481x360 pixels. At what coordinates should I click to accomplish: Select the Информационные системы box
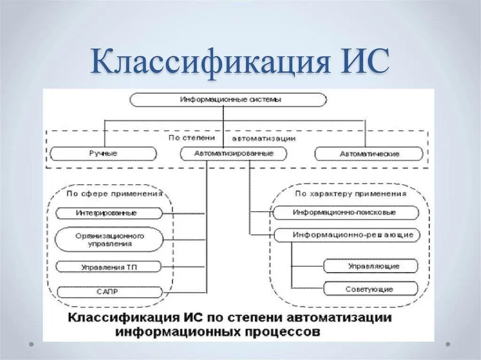click(x=228, y=100)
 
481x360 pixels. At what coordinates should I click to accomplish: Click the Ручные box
click(x=103, y=153)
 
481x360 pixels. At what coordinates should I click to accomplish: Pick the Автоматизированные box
click(x=233, y=153)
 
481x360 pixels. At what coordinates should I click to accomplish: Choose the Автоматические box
click(x=369, y=153)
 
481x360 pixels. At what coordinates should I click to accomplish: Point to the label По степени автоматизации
click(x=232, y=138)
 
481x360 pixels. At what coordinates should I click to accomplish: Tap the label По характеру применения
click(x=350, y=193)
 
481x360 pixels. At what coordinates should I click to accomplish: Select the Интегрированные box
click(x=109, y=213)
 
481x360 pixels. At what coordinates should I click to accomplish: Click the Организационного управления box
click(x=109, y=240)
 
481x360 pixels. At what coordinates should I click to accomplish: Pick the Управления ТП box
click(x=109, y=267)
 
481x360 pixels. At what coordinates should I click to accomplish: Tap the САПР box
click(x=109, y=291)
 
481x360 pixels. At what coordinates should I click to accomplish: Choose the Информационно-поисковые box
click(x=346, y=213)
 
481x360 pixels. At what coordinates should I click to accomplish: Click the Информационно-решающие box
click(x=346, y=234)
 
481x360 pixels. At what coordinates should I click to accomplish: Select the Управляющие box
click(x=370, y=266)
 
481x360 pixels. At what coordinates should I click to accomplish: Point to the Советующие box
click(x=370, y=289)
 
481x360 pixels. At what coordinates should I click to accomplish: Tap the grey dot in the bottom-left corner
click(x=31, y=344)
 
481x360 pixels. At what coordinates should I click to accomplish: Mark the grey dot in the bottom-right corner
click(x=448, y=344)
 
